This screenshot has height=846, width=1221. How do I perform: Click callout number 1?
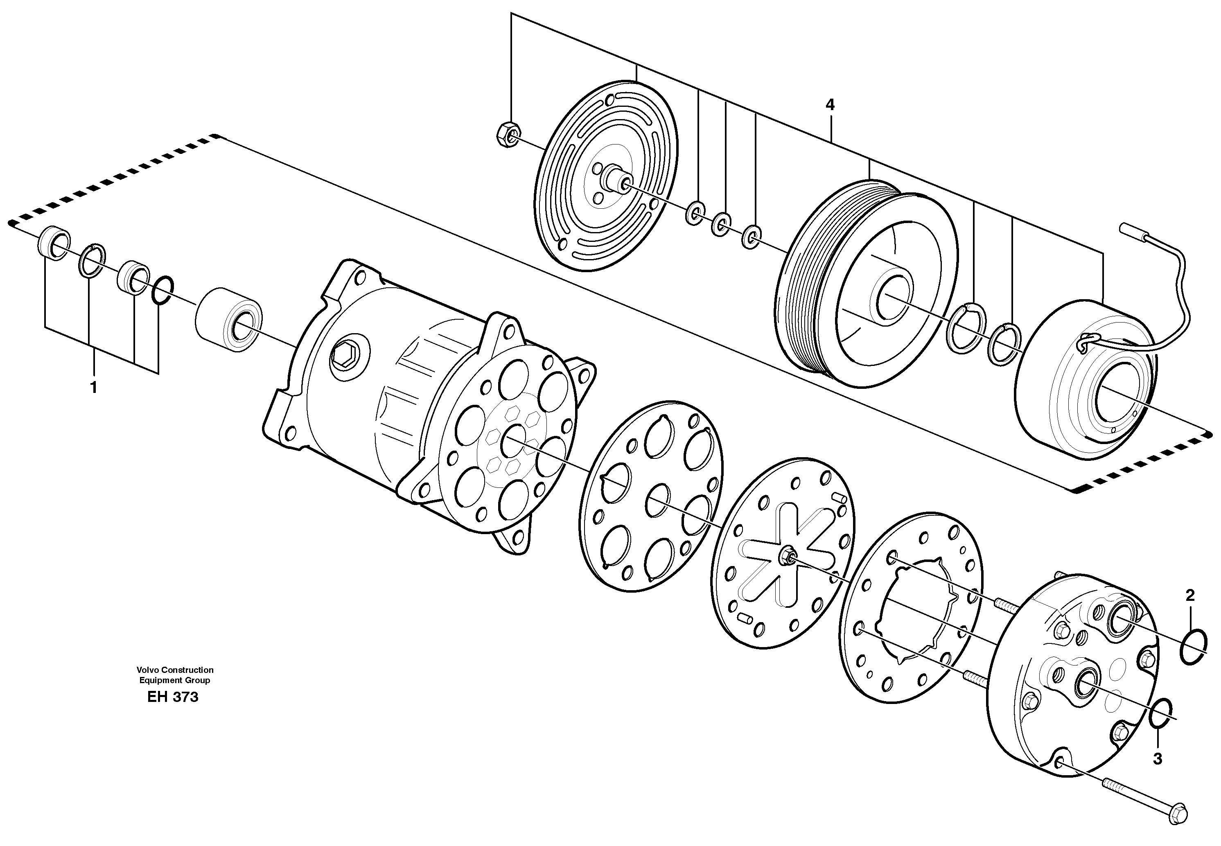point(93,388)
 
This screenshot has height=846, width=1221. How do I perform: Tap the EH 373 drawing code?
point(173,697)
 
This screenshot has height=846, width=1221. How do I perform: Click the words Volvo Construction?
point(174,670)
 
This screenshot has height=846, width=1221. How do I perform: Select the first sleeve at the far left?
point(53,243)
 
